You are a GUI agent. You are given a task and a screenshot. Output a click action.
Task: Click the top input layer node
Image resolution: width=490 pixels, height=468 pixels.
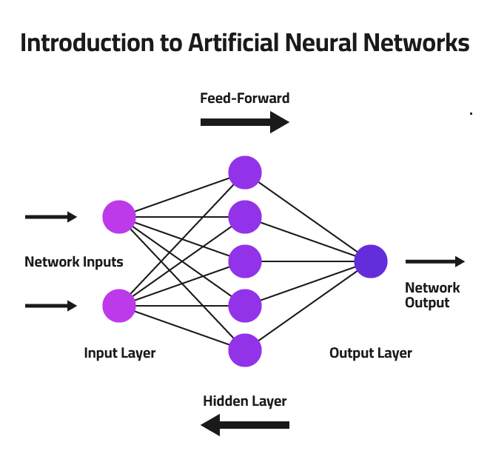(x=119, y=217)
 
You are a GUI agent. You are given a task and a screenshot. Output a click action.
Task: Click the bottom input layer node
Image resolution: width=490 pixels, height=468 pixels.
(x=119, y=305)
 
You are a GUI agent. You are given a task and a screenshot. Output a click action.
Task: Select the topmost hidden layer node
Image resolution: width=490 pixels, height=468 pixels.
(x=245, y=173)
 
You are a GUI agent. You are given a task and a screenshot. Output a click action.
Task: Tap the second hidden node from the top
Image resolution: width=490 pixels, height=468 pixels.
(x=245, y=217)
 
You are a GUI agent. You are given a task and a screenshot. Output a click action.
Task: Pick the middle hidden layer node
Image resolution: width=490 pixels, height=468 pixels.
(x=245, y=261)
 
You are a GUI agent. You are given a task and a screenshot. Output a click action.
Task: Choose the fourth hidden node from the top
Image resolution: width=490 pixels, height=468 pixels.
(x=245, y=305)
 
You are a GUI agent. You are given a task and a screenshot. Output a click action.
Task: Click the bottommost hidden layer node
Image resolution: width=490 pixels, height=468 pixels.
(x=245, y=350)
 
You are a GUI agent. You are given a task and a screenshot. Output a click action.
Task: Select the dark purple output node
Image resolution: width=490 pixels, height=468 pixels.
(x=371, y=261)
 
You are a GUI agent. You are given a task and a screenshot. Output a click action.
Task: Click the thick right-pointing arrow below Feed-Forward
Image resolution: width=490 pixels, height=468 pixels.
(x=245, y=121)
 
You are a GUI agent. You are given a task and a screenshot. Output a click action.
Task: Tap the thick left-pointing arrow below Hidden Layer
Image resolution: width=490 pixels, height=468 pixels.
(x=245, y=425)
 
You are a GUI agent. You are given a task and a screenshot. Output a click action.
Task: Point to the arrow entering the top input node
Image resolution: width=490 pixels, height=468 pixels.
(x=51, y=217)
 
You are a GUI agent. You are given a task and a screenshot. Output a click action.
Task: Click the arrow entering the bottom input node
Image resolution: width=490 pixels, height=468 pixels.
(x=51, y=305)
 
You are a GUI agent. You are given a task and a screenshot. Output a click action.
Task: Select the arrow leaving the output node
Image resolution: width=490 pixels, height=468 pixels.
(x=435, y=261)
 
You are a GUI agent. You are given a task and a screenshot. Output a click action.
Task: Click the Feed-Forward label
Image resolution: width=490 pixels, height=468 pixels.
(x=245, y=98)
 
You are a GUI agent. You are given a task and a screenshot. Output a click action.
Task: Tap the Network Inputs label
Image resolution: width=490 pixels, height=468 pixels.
(x=74, y=262)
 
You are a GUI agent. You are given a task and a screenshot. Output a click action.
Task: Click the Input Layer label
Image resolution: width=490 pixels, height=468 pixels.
(x=120, y=353)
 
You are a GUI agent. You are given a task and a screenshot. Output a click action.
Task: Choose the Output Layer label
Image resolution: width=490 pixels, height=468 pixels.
(x=371, y=353)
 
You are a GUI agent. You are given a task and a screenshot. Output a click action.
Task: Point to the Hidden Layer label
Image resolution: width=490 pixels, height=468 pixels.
(x=245, y=401)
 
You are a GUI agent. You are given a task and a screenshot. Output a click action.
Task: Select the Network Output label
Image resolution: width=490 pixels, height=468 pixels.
(x=432, y=295)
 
